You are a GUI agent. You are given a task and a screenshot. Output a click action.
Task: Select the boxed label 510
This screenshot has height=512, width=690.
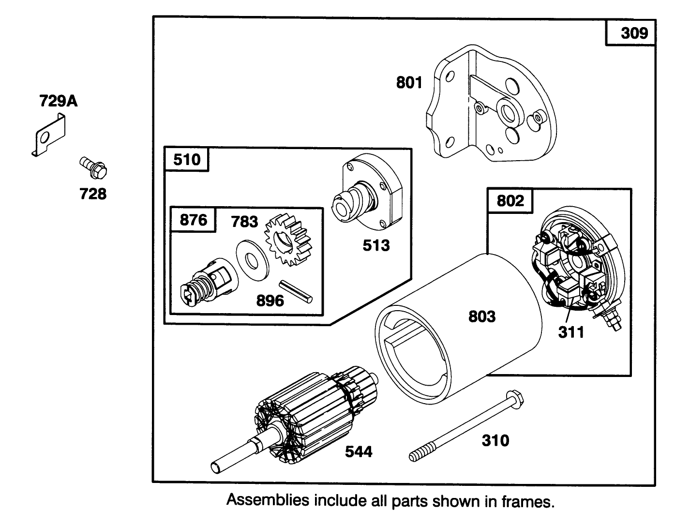[x=187, y=159]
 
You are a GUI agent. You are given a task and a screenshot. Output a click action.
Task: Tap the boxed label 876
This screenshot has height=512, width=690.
[x=193, y=220]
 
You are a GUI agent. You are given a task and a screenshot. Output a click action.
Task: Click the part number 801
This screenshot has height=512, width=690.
[x=409, y=83]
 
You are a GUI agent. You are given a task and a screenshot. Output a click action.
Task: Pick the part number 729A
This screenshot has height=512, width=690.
[x=58, y=101]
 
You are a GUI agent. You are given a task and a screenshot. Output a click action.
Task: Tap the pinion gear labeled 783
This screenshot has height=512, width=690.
[x=287, y=241]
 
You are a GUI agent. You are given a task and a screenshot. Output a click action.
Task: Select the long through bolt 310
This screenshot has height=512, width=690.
[x=465, y=426]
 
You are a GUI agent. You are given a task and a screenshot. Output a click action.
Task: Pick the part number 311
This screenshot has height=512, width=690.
[x=571, y=332]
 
